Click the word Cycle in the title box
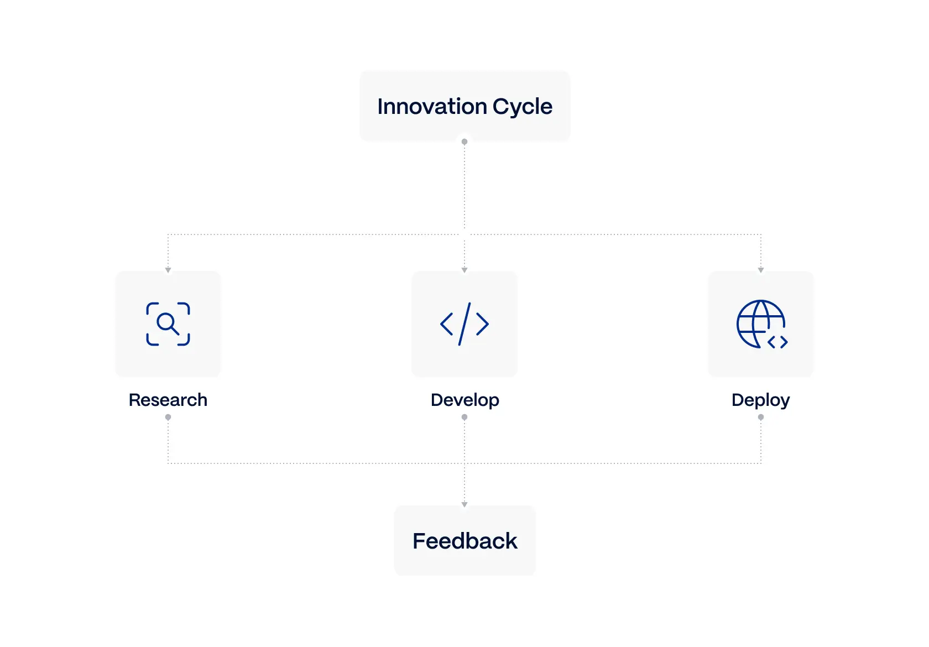pyautogui.click(x=522, y=107)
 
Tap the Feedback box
pyautogui.click(x=464, y=541)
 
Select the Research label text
pyautogui.click(x=168, y=400)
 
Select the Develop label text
pyautogui.click(x=464, y=400)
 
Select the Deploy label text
pyautogui.click(x=760, y=400)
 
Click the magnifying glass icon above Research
pyautogui.click(x=168, y=323)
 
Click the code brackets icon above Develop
pyautogui.click(x=464, y=324)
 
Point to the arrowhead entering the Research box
pyautogui.click(x=168, y=270)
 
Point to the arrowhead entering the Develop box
pyautogui.click(x=464, y=270)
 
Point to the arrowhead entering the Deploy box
pyautogui.click(x=761, y=270)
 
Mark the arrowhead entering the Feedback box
pyautogui.click(x=464, y=504)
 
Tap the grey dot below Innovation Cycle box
pyautogui.click(x=464, y=142)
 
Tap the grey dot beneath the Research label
pyautogui.click(x=168, y=418)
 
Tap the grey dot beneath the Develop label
pyautogui.click(x=464, y=418)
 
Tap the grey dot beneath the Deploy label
pyautogui.click(x=761, y=418)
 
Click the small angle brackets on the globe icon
pyautogui.click(x=777, y=342)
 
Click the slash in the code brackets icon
pyautogui.click(x=464, y=324)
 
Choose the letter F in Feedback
pyautogui.click(x=419, y=541)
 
